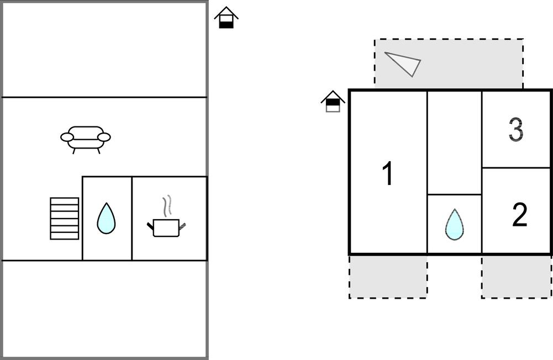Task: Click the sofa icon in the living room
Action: click(86, 138)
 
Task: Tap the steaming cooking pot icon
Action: click(166, 226)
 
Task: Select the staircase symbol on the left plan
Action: click(64, 218)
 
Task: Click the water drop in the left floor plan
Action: click(106, 219)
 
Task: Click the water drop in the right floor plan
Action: click(454, 224)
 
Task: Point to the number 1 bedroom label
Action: click(388, 174)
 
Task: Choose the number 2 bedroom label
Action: click(519, 215)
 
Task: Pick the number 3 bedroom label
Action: click(515, 130)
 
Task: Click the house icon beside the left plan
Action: click(226, 18)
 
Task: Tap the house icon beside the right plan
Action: click(333, 102)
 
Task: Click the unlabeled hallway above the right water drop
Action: click(454, 142)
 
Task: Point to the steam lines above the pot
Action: click(167, 205)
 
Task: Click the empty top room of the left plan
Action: click(104, 50)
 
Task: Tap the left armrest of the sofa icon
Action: click(67, 137)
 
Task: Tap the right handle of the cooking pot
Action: click(182, 225)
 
